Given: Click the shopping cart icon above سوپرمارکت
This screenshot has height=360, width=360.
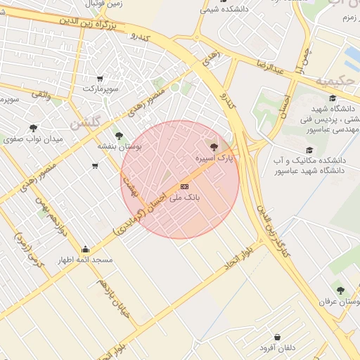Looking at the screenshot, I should pos(101,78).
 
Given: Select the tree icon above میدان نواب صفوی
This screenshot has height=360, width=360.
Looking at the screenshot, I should pos(33,128).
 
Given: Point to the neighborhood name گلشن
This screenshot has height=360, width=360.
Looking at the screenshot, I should pos(86,122).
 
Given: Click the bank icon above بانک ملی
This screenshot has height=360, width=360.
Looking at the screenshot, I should pos(184,186).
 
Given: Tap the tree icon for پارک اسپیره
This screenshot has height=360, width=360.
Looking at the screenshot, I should pos(214,147).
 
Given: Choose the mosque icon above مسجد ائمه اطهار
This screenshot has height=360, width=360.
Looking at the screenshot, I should pos(86,249).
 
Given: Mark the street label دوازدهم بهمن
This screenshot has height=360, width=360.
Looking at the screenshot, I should pos(51,219).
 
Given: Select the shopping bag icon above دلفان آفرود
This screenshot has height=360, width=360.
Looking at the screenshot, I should pos(278,337).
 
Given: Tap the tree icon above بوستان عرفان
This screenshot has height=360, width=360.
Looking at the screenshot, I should pos(341,290).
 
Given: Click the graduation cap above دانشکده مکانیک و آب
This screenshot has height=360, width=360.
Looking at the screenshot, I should pos(309,150).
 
